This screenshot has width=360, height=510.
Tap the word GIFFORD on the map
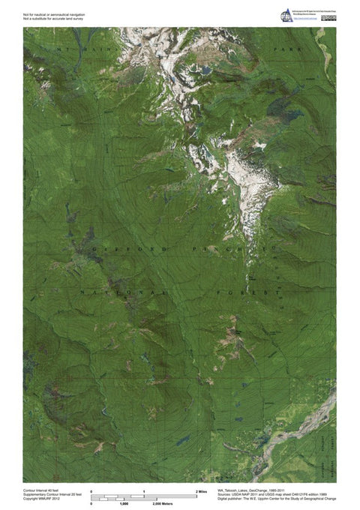(x=124, y=245)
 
